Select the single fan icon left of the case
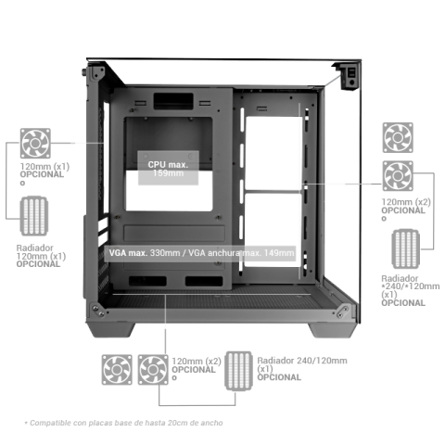pos(35,144)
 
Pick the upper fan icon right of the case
pos(399,137)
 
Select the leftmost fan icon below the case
pos(118,370)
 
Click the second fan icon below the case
pos(153,370)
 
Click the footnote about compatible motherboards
pos(122,422)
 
